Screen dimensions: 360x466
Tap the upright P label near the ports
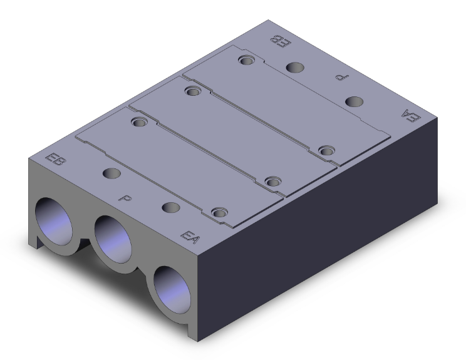[x=125, y=198]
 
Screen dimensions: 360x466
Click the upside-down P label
[x=341, y=78]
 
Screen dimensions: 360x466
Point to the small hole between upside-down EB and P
[x=294, y=67]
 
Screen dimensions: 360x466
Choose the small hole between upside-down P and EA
[x=355, y=102]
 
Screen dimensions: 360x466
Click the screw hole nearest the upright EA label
[x=219, y=213]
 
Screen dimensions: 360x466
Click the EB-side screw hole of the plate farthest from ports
[x=246, y=61]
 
